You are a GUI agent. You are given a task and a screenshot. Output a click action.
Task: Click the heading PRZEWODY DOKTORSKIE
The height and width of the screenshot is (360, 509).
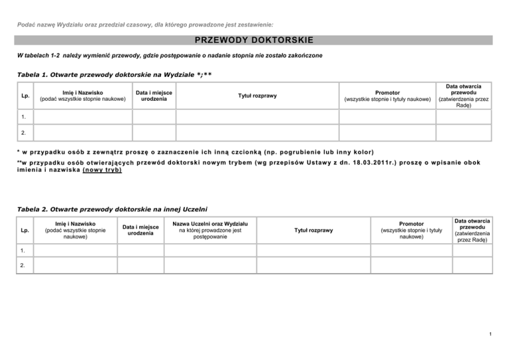(x=254, y=40)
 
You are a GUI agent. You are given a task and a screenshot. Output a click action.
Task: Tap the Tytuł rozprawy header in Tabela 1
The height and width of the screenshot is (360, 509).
(x=258, y=96)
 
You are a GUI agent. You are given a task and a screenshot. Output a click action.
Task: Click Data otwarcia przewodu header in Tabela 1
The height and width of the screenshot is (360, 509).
(x=463, y=96)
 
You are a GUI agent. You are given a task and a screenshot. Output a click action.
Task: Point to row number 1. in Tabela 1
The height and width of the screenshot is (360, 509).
(x=25, y=116)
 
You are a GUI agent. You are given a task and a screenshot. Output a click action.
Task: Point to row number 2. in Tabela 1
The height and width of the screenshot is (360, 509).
(x=25, y=133)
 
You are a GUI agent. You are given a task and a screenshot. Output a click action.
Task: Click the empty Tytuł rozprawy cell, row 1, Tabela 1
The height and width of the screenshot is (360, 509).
(x=258, y=116)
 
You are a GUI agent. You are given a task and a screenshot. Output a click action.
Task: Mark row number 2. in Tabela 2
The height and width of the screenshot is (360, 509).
(x=24, y=267)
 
